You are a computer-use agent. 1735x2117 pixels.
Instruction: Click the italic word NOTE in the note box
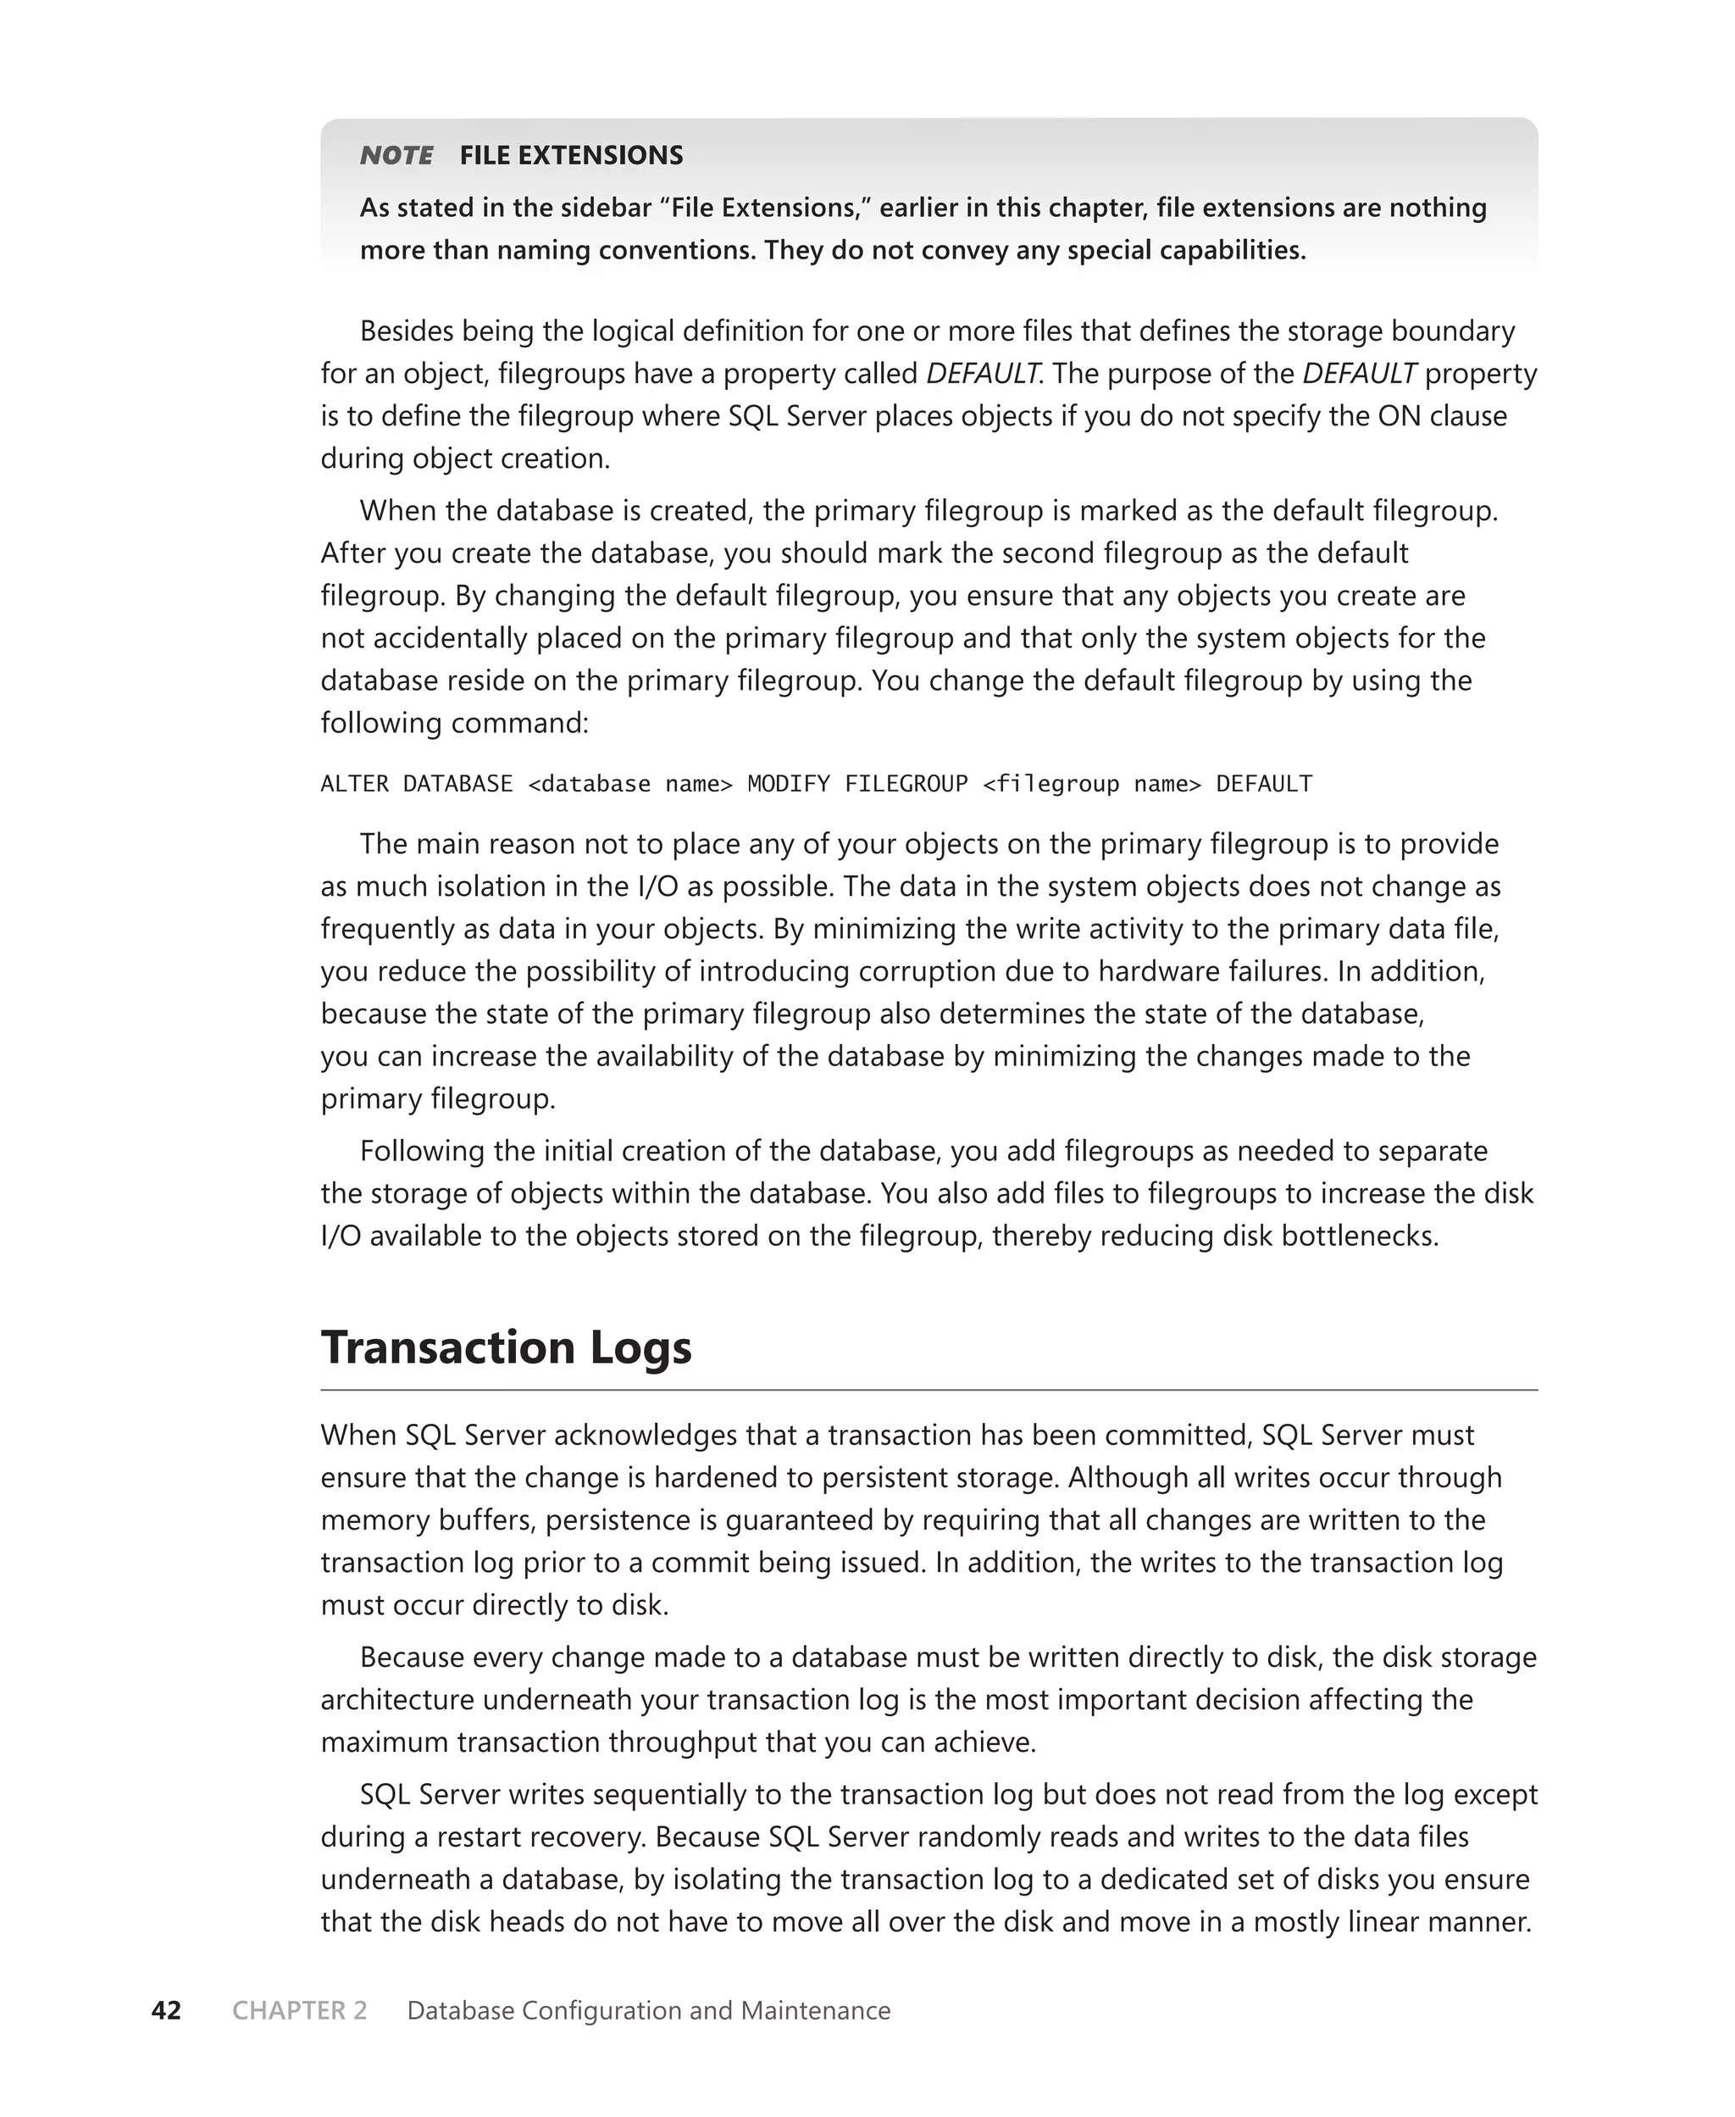click(x=396, y=155)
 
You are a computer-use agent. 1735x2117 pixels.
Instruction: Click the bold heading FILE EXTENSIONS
click(x=571, y=155)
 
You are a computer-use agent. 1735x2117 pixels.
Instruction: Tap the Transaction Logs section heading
click(x=506, y=1347)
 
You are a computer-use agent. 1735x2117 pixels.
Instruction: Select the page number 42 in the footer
click(x=166, y=2010)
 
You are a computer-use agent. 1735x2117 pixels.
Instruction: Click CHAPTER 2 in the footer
click(x=299, y=2010)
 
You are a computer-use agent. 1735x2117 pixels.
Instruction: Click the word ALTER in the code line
click(x=354, y=784)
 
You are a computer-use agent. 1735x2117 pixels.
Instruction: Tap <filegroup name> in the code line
click(x=1091, y=784)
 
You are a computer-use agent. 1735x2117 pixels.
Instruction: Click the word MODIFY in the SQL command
click(x=789, y=784)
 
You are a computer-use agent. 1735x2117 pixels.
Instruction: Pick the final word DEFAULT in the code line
click(x=1263, y=784)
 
